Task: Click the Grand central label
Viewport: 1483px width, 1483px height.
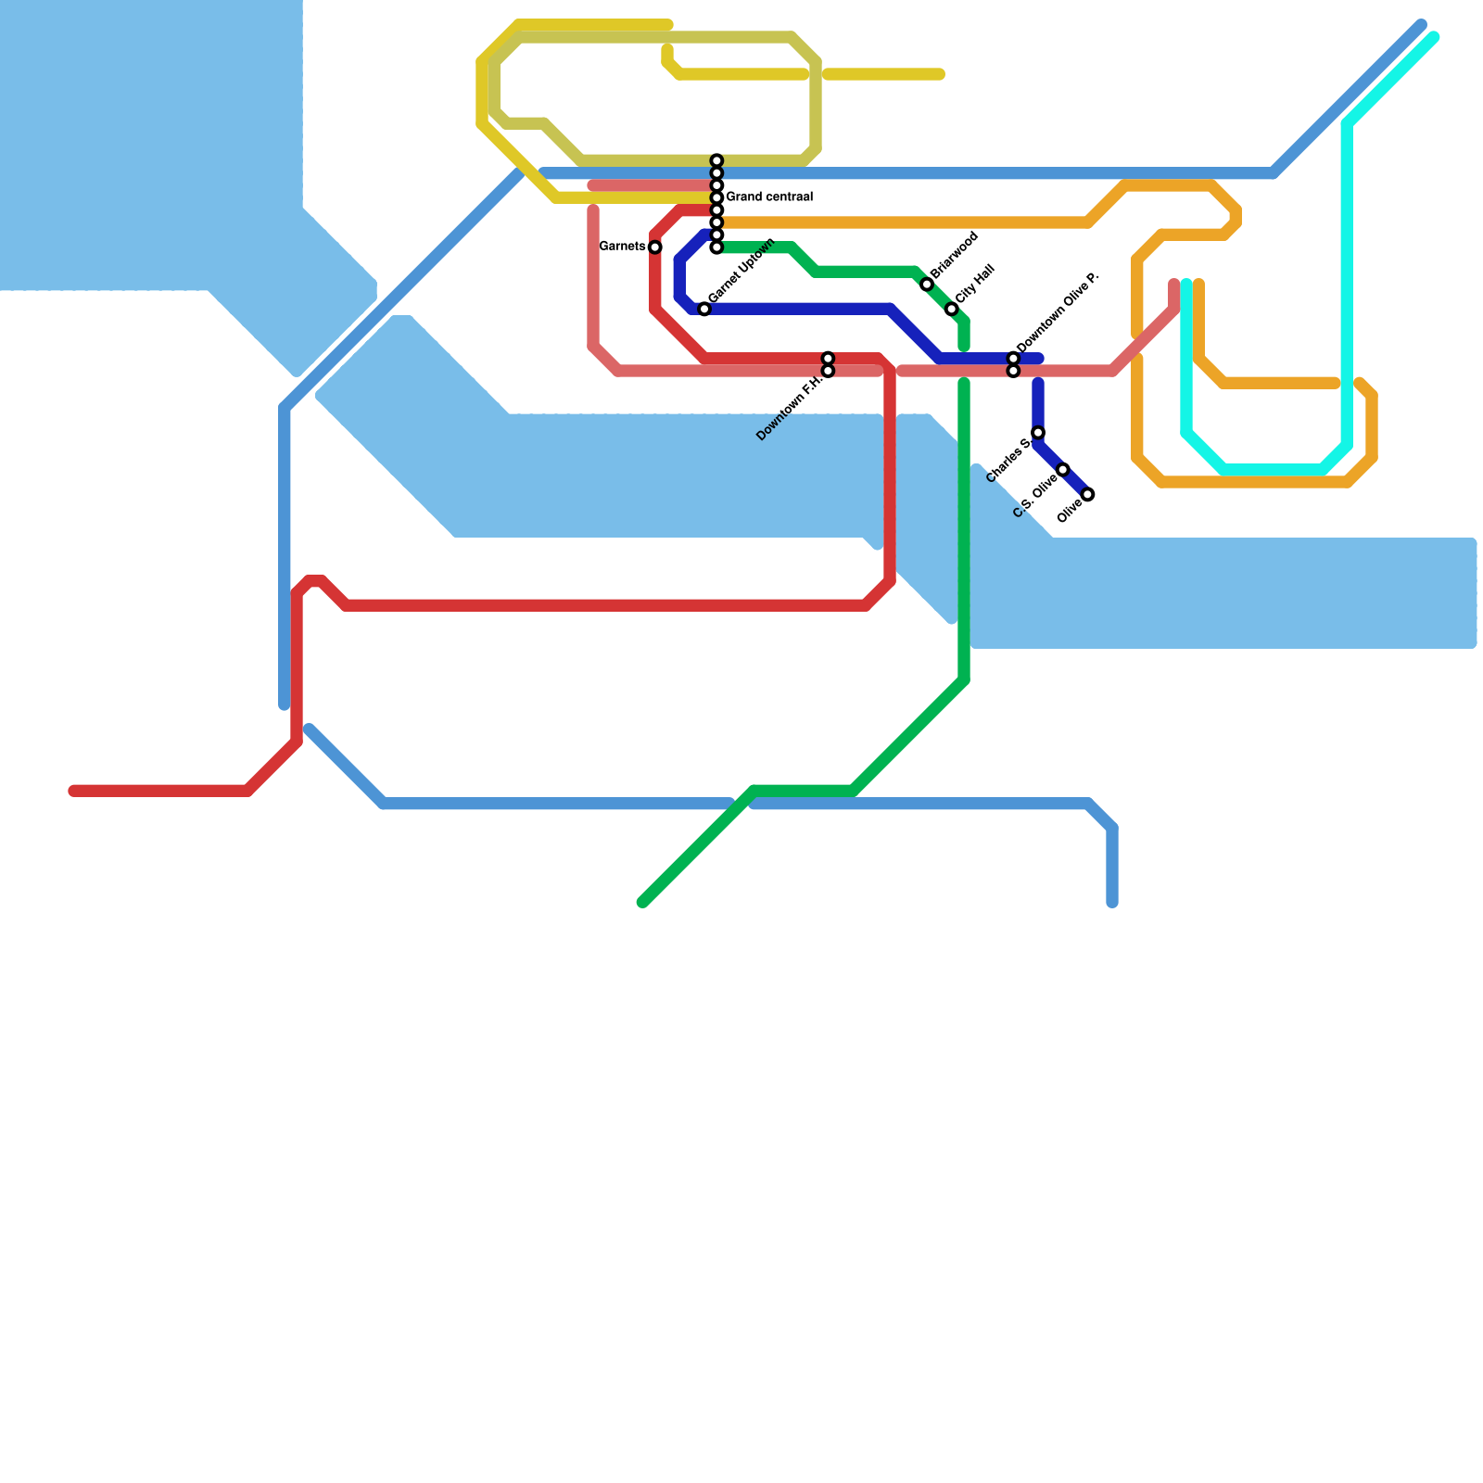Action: [768, 197]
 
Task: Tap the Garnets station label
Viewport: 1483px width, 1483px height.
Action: [622, 247]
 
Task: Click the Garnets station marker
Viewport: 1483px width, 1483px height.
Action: [655, 247]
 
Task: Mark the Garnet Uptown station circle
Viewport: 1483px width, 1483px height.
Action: [704, 309]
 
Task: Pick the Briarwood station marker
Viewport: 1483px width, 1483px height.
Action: [927, 285]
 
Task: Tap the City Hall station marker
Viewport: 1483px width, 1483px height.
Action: [952, 309]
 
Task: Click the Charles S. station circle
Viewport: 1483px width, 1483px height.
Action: [1038, 433]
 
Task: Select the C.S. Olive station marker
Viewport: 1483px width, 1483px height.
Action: [1063, 470]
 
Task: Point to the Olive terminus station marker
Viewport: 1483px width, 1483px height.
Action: [1088, 494]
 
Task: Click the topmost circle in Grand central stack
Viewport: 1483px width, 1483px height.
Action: [716, 161]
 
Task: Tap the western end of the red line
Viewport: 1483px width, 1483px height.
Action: [74, 791]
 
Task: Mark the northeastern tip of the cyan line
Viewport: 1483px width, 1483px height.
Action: [1434, 38]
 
